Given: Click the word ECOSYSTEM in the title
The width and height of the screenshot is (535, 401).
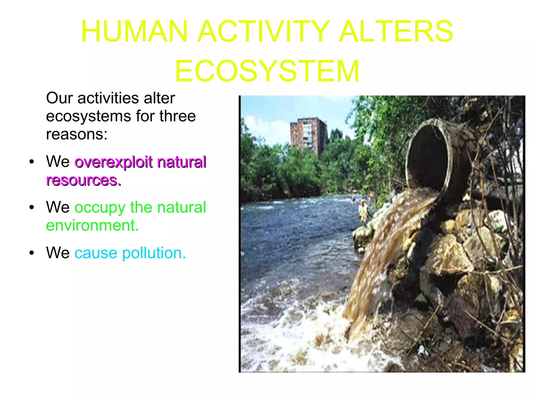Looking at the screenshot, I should pyautogui.click(x=267, y=71).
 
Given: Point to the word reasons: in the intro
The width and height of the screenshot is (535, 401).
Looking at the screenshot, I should pyautogui.click(x=77, y=135).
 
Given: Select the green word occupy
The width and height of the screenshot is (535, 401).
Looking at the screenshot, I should pyautogui.click(x=100, y=208).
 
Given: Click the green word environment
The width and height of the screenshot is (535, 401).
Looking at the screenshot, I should pyautogui.click(x=92, y=225).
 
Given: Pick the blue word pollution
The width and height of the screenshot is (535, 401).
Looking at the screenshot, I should pyautogui.click(x=154, y=253).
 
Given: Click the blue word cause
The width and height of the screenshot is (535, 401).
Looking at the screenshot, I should pyautogui.click(x=96, y=253).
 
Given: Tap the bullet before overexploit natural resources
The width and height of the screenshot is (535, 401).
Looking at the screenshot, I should pyautogui.click(x=32, y=162).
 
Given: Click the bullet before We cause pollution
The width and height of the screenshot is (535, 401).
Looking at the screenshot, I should pyautogui.click(x=32, y=253).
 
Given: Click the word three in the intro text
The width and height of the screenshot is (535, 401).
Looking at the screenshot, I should pyautogui.click(x=178, y=116).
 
